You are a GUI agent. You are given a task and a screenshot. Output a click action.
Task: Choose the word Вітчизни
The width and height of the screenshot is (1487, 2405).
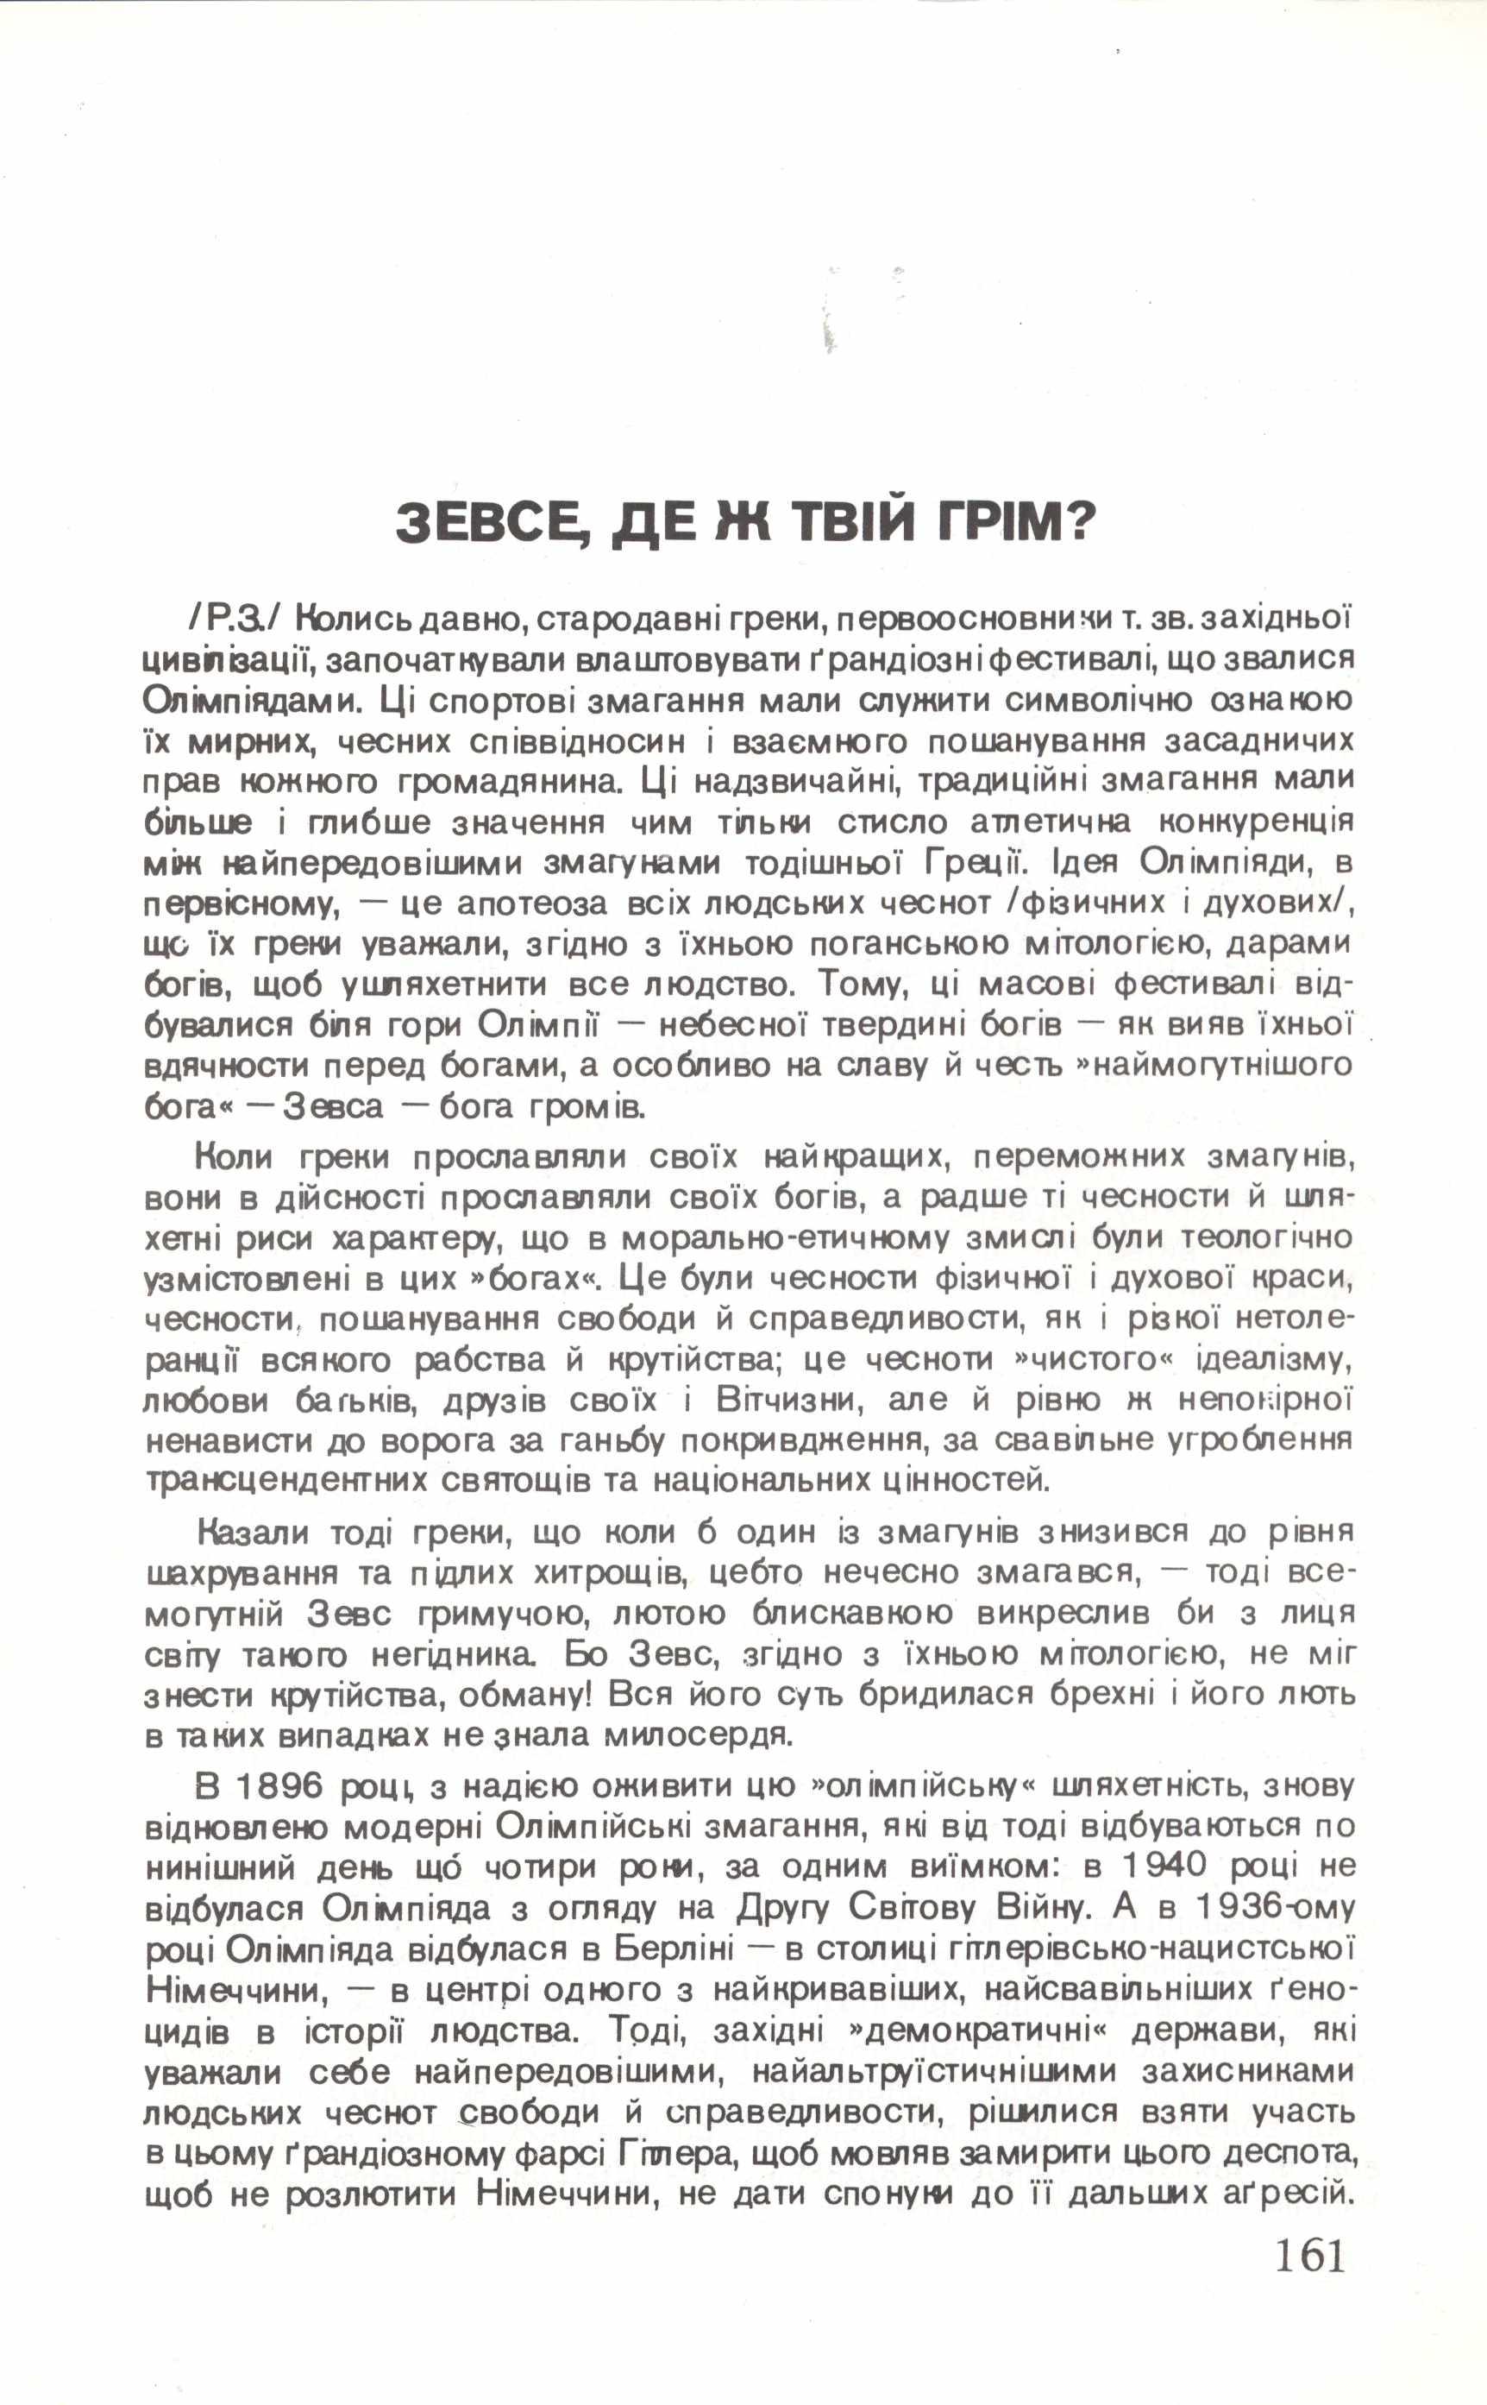tap(791, 1400)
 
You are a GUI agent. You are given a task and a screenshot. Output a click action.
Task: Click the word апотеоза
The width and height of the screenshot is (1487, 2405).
tap(524, 903)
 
